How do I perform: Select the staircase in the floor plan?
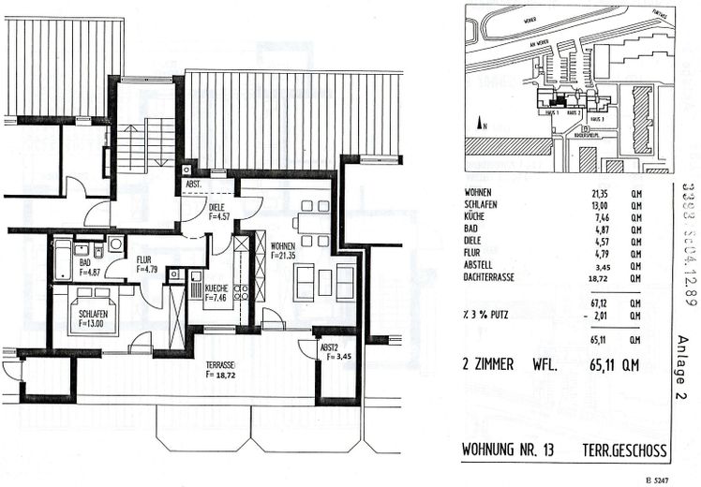(x=146, y=140)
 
